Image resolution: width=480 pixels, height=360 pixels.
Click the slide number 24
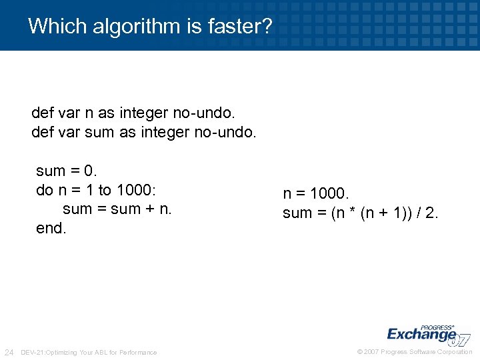tap(9, 352)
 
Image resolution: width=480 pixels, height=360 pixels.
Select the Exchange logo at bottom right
tap(427, 333)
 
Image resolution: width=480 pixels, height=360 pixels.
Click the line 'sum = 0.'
tap(67, 171)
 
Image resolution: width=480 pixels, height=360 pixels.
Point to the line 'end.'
tap(51, 228)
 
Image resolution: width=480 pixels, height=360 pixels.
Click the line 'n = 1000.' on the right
tap(316, 194)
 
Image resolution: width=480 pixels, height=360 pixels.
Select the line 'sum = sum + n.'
tap(117, 209)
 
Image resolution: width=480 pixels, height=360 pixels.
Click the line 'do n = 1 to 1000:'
tap(96, 190)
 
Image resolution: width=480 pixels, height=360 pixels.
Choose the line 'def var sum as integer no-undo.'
tap(143, 132)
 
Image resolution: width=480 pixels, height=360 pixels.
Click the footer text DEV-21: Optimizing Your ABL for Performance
tap(89, 352)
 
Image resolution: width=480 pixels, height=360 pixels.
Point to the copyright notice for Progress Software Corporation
tap(415, 352)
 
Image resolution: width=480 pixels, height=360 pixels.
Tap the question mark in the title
tap(267, 27)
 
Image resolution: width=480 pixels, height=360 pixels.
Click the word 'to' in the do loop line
tap(105, 190)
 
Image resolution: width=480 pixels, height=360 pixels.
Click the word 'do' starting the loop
tap(45, 190)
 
